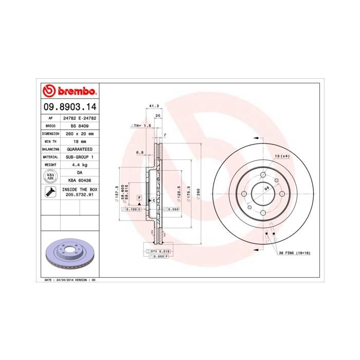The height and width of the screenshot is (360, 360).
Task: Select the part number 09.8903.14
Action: (69, 107)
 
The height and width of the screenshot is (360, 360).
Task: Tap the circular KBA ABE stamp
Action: (50, 176)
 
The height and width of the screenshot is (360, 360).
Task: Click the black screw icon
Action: (50, 192)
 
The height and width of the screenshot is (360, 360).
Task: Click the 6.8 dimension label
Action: (139, 153)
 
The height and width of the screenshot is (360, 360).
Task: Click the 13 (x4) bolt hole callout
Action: (282, 156)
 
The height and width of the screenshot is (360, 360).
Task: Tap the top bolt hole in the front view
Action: (261, 174)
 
